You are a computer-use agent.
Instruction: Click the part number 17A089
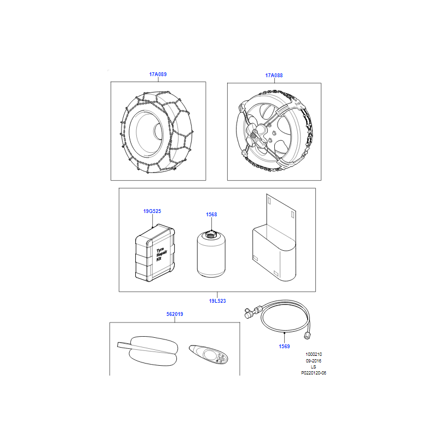(158, 74)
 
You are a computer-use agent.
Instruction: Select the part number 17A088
(274, 76)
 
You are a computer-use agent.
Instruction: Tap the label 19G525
(152, 211)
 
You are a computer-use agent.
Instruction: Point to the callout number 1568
(211, 215)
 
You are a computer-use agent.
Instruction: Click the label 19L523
(217, 301)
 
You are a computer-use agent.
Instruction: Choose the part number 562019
(175, 314)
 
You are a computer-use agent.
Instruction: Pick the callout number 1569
(284, 347)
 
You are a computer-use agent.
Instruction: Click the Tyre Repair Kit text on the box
(161, 254)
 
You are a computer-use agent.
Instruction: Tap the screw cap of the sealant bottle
(211, 234)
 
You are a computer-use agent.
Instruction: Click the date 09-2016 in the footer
(313, 361)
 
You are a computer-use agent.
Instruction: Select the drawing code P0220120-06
(313, 373)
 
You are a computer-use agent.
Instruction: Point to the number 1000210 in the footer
(313, 354)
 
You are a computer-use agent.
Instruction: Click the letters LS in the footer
(313, 367)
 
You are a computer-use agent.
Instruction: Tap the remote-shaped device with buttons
(208, 354)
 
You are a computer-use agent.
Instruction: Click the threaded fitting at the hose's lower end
(307, 335)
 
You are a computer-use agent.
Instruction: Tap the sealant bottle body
(211, 256)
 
